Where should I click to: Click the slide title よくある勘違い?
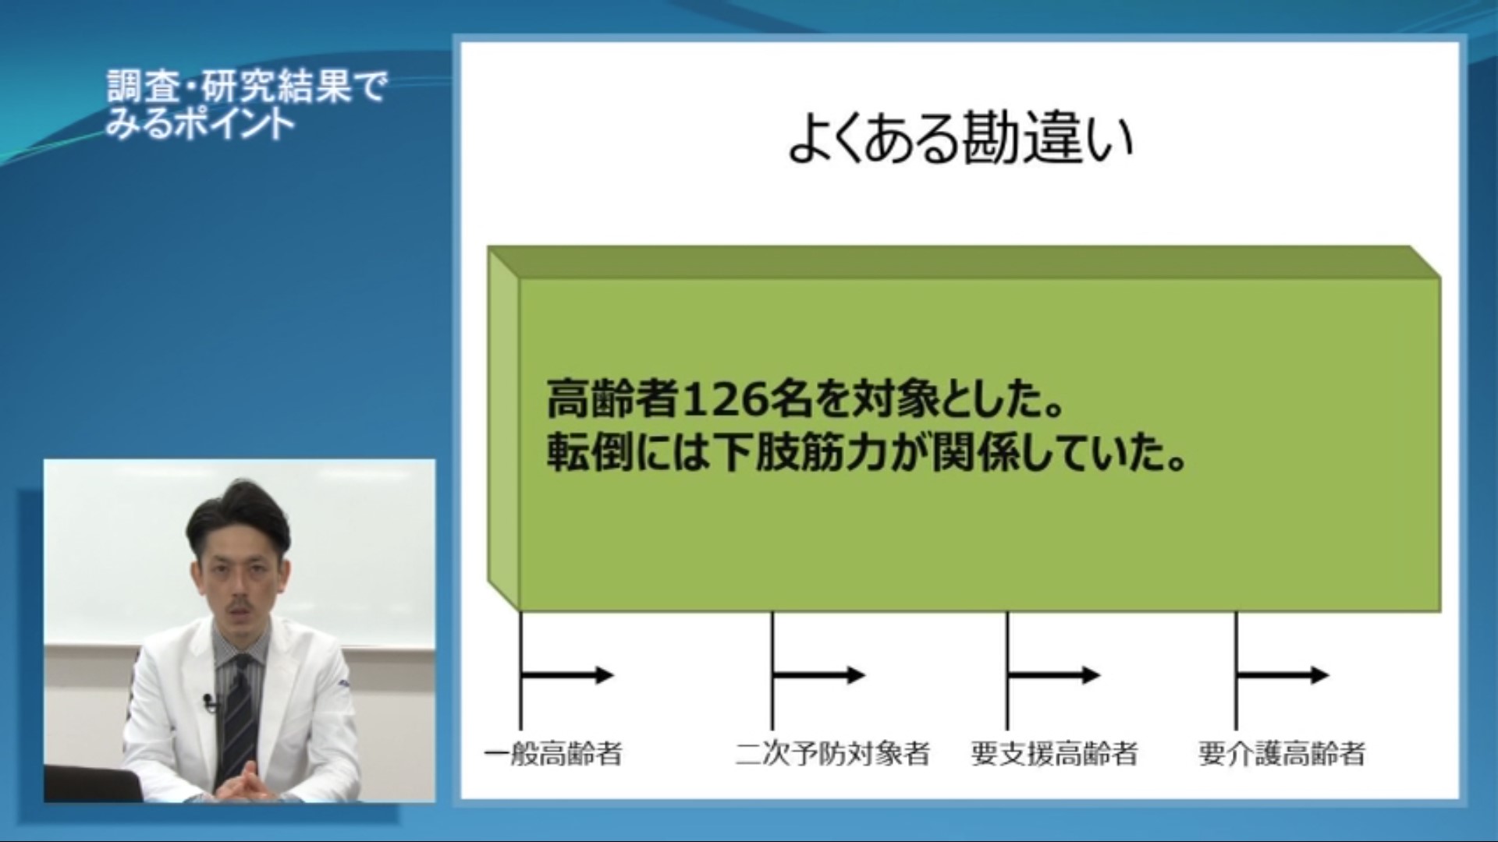[960, 140]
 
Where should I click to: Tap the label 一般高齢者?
[553, 754]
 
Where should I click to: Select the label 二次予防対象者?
[832, 754]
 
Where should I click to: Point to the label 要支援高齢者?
[1054, 754]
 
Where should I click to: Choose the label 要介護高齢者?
[1282, 754]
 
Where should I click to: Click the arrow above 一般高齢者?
[568, 675]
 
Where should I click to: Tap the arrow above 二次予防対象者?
[819, 675]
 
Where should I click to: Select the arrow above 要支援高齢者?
[1053, 675]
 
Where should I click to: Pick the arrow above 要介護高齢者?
[1283, 675]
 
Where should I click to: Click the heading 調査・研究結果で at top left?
[247, 87]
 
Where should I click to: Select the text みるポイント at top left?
[200, 123]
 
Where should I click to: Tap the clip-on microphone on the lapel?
[209, 703]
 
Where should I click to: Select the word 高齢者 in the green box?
[612, 400]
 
